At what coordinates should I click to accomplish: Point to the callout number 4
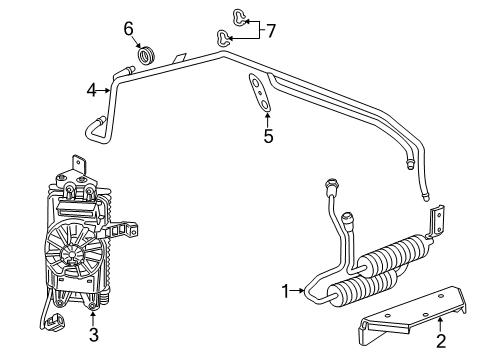tap(91, 90)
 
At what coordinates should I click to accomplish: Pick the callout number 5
tap(267, 136)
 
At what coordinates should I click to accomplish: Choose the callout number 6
tap(129, 28)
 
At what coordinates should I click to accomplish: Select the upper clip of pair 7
tap(237, 14)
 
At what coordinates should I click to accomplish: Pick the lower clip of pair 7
tap(223, 38)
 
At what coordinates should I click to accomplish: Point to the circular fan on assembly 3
tap(72, 254)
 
